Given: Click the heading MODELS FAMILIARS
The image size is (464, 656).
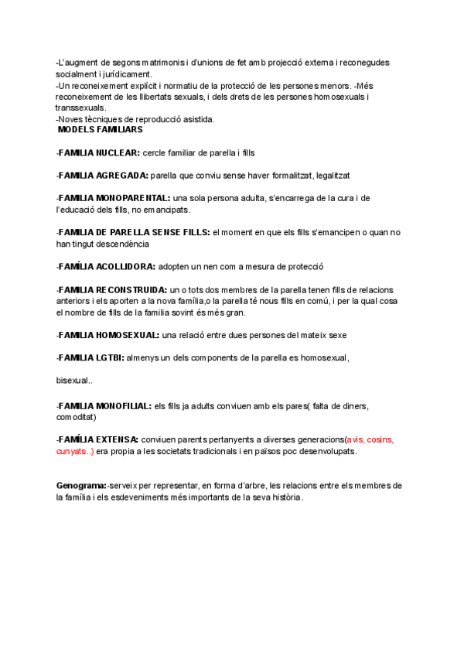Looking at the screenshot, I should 100,130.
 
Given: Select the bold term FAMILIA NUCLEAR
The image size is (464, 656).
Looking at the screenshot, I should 98,153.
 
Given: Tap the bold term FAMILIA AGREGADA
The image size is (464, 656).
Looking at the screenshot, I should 103,176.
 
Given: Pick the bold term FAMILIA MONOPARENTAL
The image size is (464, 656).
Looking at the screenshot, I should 114,198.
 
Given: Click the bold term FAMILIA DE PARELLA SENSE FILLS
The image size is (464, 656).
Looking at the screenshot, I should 133,232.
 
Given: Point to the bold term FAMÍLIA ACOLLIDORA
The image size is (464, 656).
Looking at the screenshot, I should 107,266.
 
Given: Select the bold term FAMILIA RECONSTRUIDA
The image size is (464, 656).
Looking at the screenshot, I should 112,289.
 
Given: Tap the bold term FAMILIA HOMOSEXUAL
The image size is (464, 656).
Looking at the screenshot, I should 109,335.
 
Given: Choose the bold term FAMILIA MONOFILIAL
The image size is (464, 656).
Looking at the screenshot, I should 105,405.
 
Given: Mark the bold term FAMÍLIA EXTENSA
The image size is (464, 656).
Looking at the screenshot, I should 98,439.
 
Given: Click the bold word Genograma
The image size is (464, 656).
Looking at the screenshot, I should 81,485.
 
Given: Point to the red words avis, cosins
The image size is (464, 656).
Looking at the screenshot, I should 370,439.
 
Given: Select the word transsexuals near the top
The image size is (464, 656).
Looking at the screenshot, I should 80,108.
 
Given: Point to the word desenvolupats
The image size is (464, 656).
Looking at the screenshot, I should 328,451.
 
